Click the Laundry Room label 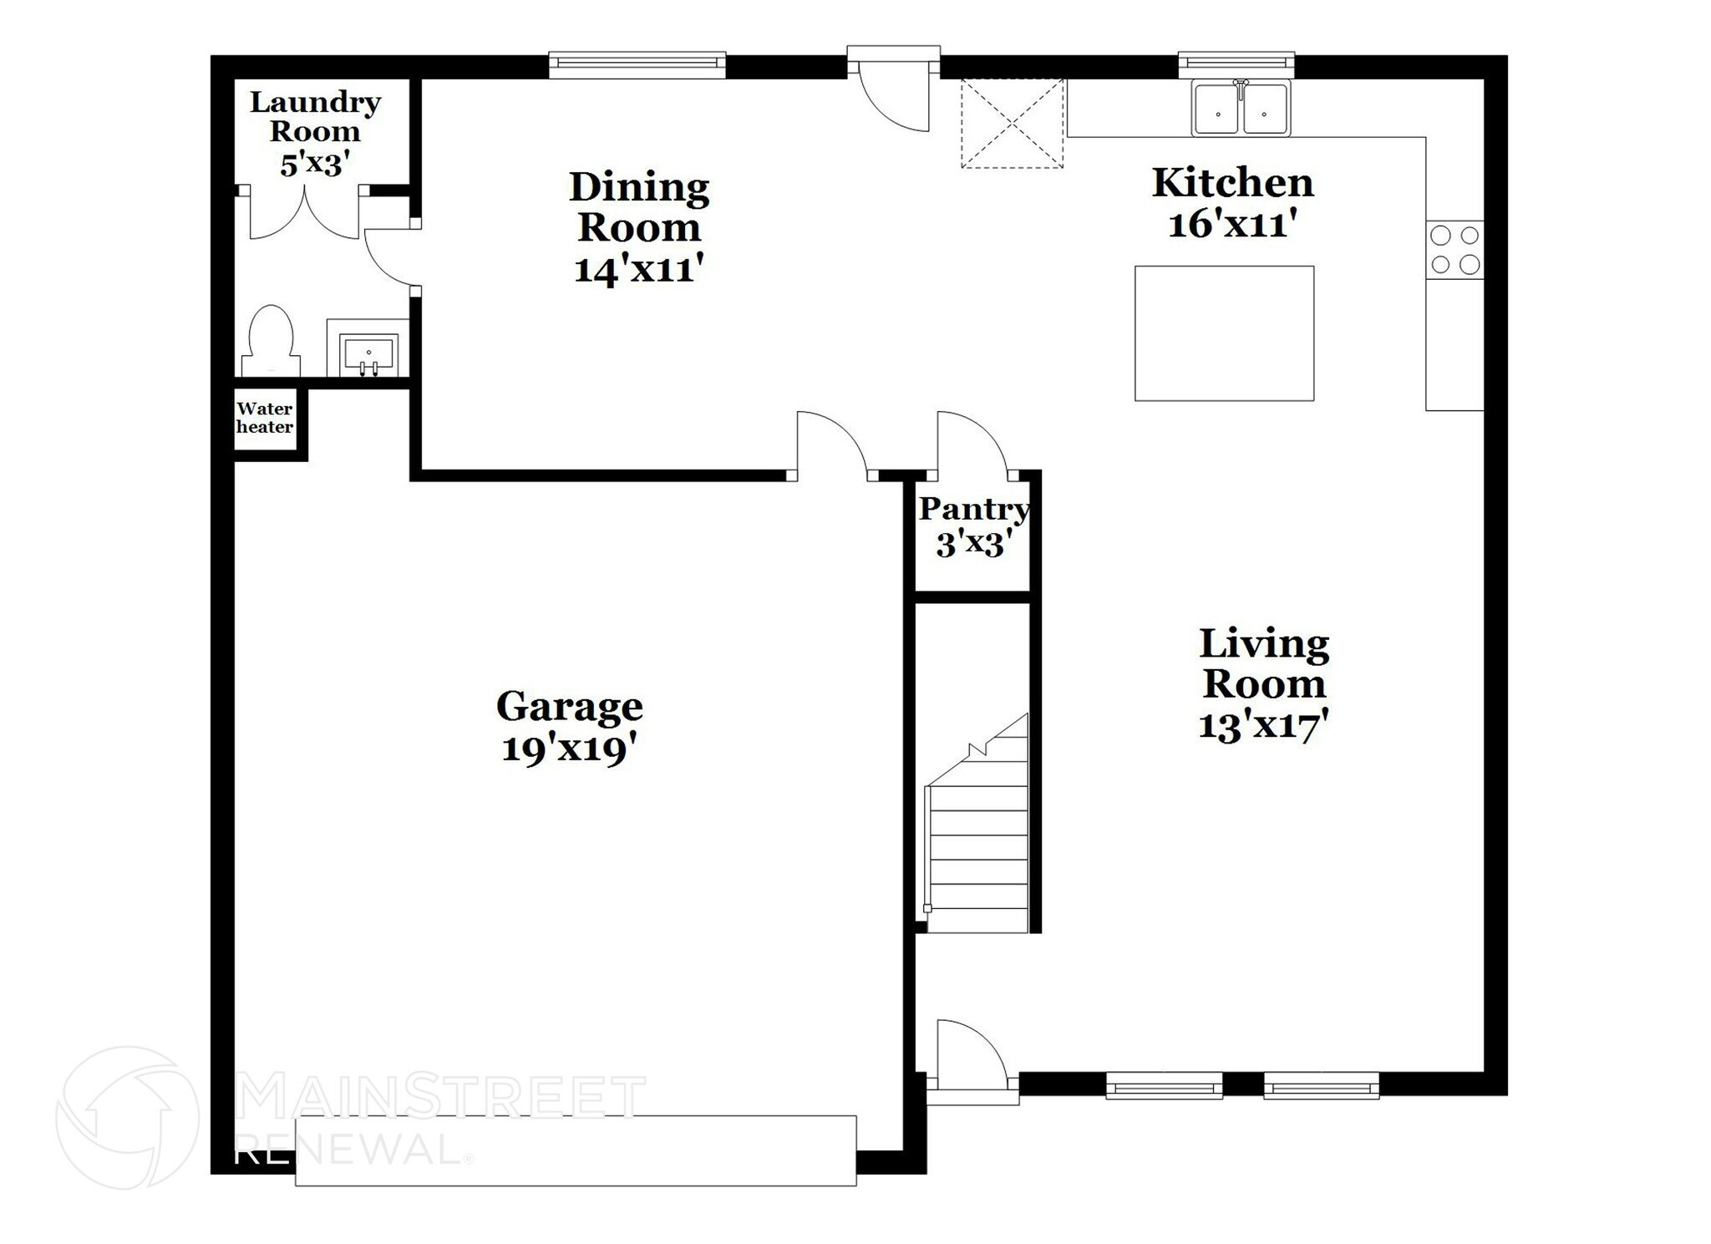coord(315,117)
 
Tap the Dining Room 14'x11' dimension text coord(639,269)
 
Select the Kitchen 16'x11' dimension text coord(1232,224)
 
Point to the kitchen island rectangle coord(1224,333)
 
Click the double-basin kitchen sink coord(1241,109)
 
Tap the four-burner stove coord(1455,250)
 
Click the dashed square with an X coord(1012,124)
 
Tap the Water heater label coord(265,418)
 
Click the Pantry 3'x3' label coord(973,526)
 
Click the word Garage coord(569,707)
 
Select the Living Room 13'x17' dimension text coord(1263,724)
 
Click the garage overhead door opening coord(576,1150)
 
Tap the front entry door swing coord(969,1057)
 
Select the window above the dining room coord(637,64)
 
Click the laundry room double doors coord(305,213)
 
